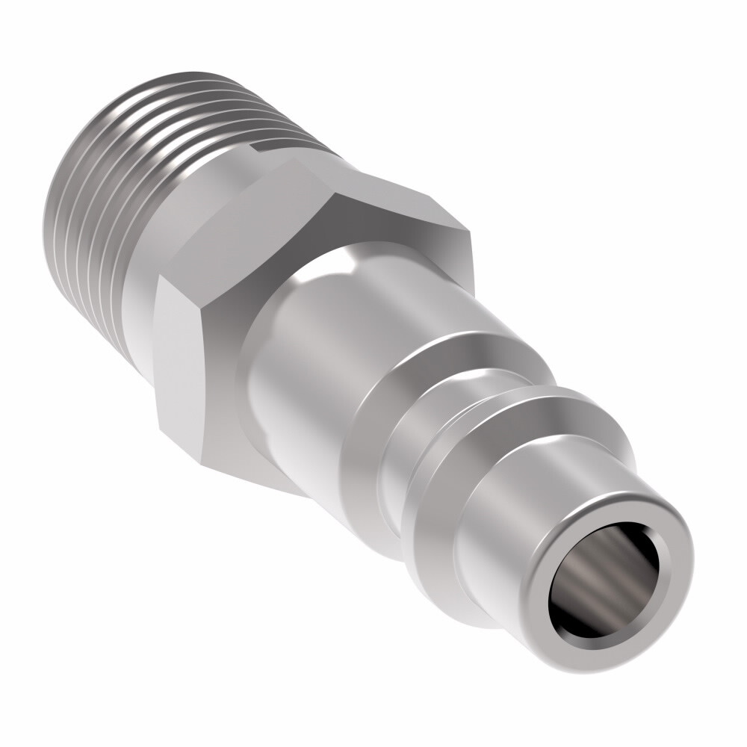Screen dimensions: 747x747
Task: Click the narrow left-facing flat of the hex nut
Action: [x=179, y=359]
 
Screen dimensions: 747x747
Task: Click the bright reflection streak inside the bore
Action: [x=598, y=575]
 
